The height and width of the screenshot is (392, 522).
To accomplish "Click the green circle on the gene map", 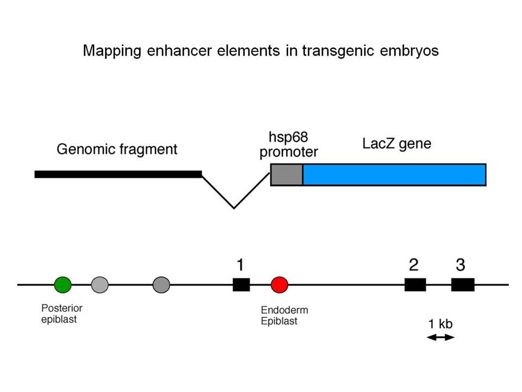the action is (63, 285).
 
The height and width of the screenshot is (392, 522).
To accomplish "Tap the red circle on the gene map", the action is (279, 285).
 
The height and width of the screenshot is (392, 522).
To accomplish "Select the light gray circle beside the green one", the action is (100, 285).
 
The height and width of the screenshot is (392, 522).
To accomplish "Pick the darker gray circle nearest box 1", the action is (161, 285).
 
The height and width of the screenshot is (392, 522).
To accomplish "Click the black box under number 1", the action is (241, 285).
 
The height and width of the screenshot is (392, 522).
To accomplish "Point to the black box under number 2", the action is (415, 285).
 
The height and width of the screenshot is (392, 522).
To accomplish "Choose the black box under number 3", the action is (463, 285).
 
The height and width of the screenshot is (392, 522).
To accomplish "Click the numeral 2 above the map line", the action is (414, 265).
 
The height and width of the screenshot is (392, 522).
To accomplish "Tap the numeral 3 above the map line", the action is (461, 265).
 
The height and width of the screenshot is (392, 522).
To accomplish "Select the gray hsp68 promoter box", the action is (287, 175).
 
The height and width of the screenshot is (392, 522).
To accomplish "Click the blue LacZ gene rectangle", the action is (395, 175).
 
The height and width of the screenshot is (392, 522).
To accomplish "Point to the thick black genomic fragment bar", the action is (118, 174).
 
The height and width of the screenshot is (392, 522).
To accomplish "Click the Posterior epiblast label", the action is (61, 314).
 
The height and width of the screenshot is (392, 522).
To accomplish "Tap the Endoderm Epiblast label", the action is (284, 316).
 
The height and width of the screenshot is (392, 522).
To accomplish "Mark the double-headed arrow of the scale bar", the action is (440, 338).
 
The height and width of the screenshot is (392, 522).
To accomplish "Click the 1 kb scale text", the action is (440, 323).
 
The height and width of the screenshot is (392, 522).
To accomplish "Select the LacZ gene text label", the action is (397, 144).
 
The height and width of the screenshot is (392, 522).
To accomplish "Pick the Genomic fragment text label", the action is (117, 149).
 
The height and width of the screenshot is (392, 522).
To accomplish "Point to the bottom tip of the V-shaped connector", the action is (234, 209).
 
